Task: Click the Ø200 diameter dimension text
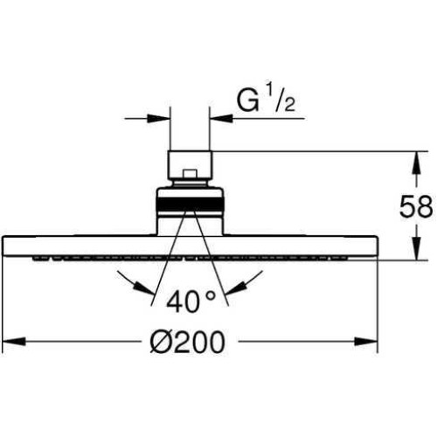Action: coord(187,342)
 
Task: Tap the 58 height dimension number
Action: coord(416,206)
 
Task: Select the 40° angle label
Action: coord(191,302)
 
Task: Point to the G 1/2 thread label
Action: coord(266,101)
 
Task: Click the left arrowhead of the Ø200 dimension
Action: coord(14,342)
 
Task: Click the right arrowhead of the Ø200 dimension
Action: coord(365,342)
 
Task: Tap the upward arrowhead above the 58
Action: coord(417,163)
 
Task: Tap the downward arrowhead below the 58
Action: coord(417,248)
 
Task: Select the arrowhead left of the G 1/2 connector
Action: coord(158,118)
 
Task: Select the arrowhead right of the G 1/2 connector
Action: coord(221,118)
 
